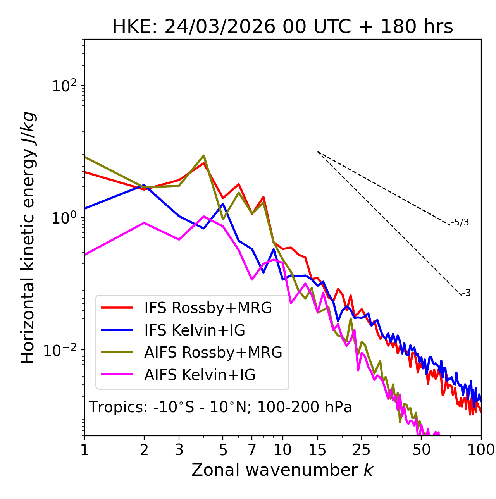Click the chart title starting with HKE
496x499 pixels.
tap(282, 27)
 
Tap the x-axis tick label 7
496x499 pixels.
tap(252, 450)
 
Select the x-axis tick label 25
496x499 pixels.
tap(361, 450)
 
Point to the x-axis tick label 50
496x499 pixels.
tap(421, 450)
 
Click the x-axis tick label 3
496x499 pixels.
tap(179, 450)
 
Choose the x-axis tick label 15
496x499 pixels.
tap(317, 450)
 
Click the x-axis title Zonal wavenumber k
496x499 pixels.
tap(282, 470)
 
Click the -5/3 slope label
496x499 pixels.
tap(460, 222)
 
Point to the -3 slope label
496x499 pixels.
tap(466, 293)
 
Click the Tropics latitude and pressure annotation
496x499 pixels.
tap(220, 408)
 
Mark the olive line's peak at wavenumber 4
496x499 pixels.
tap(204, 156)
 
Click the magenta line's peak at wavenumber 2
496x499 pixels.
tap(144, 223)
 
